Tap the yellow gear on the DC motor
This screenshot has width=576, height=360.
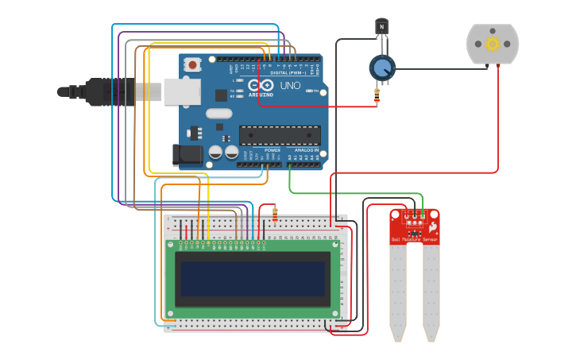coord(492,43)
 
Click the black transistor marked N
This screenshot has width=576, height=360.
coord(381,28)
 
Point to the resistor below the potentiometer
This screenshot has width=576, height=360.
coord(376,97)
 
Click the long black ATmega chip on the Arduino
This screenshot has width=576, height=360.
coord(280,135)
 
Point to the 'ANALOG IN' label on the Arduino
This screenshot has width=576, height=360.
coord(305,149)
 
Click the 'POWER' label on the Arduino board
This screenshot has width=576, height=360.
coord(272,149)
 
